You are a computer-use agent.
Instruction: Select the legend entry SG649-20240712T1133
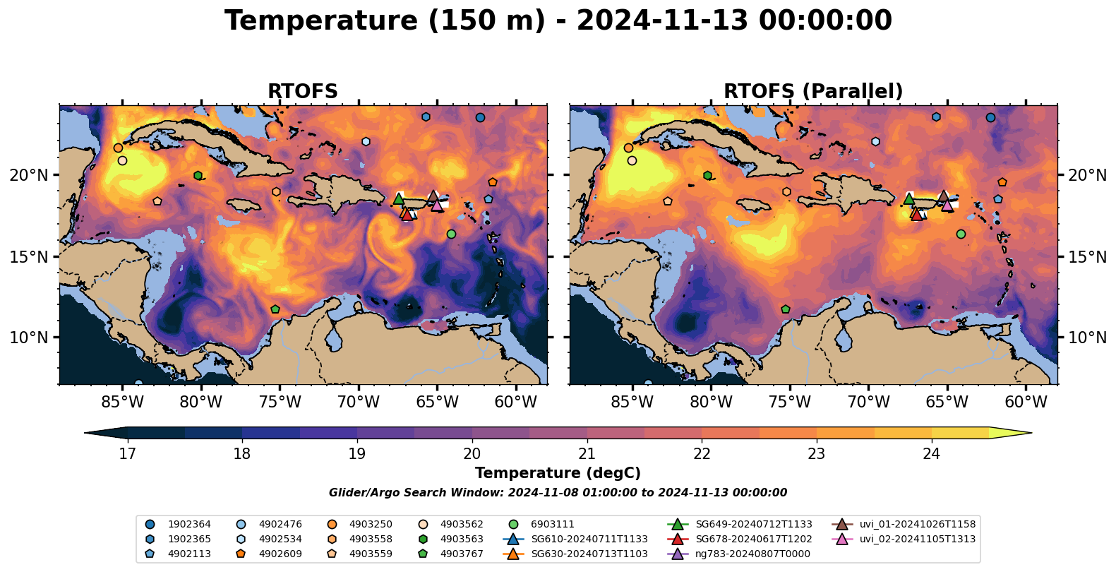click(x=753, y=525)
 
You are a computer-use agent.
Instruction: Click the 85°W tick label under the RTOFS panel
click(x=122, y=403)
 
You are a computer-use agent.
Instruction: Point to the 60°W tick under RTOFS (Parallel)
click(x=1026, y=403)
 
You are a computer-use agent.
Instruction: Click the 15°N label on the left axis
click(x=29, y=256)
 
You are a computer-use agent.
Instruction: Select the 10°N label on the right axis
click(x=1088, y=338)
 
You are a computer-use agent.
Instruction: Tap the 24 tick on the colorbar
click(x=931, y=453)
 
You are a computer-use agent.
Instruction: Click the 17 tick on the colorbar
click(x=127, y=453)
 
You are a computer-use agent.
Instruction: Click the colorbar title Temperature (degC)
click(x=558, y=473)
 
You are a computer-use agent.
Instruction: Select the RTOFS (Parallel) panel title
click(x=813, y=92)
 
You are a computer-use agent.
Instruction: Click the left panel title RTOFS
click(x=303, y=92)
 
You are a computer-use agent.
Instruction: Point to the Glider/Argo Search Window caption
click(x=558, y=493)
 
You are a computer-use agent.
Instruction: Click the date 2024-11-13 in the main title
click(x=661, y=21)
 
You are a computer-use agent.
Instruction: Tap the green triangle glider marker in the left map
click(x=399, y=199)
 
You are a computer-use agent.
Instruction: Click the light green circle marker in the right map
click(x=961, y=234)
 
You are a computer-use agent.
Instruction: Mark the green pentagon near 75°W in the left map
click(x=275, y=309)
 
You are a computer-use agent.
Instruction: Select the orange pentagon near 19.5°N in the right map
click(x=1002, y=182)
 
